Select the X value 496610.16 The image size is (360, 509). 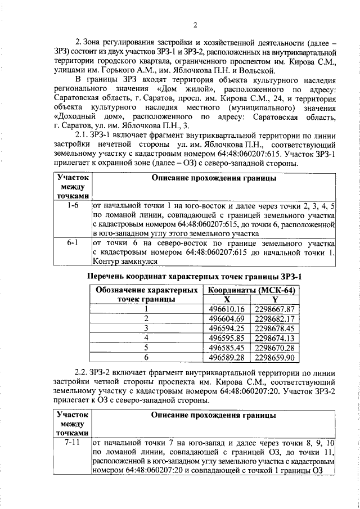tap(227, 309)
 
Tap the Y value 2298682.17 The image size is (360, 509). tap(274, 318)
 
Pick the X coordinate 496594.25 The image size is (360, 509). tap(227, 328)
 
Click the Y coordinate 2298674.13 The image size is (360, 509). tap(274, 337)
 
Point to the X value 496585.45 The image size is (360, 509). tap(227, 347)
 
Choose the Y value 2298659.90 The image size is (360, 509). tap(274, 357)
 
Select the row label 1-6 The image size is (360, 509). tap(72, 206)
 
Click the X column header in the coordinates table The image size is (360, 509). tap(227, 299)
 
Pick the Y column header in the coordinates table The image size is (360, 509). tap(274, 299)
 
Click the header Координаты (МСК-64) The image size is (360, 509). tap(251, 290)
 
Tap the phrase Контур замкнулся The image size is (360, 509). tap(125, 262)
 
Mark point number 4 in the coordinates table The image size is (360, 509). tap(146, 337)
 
